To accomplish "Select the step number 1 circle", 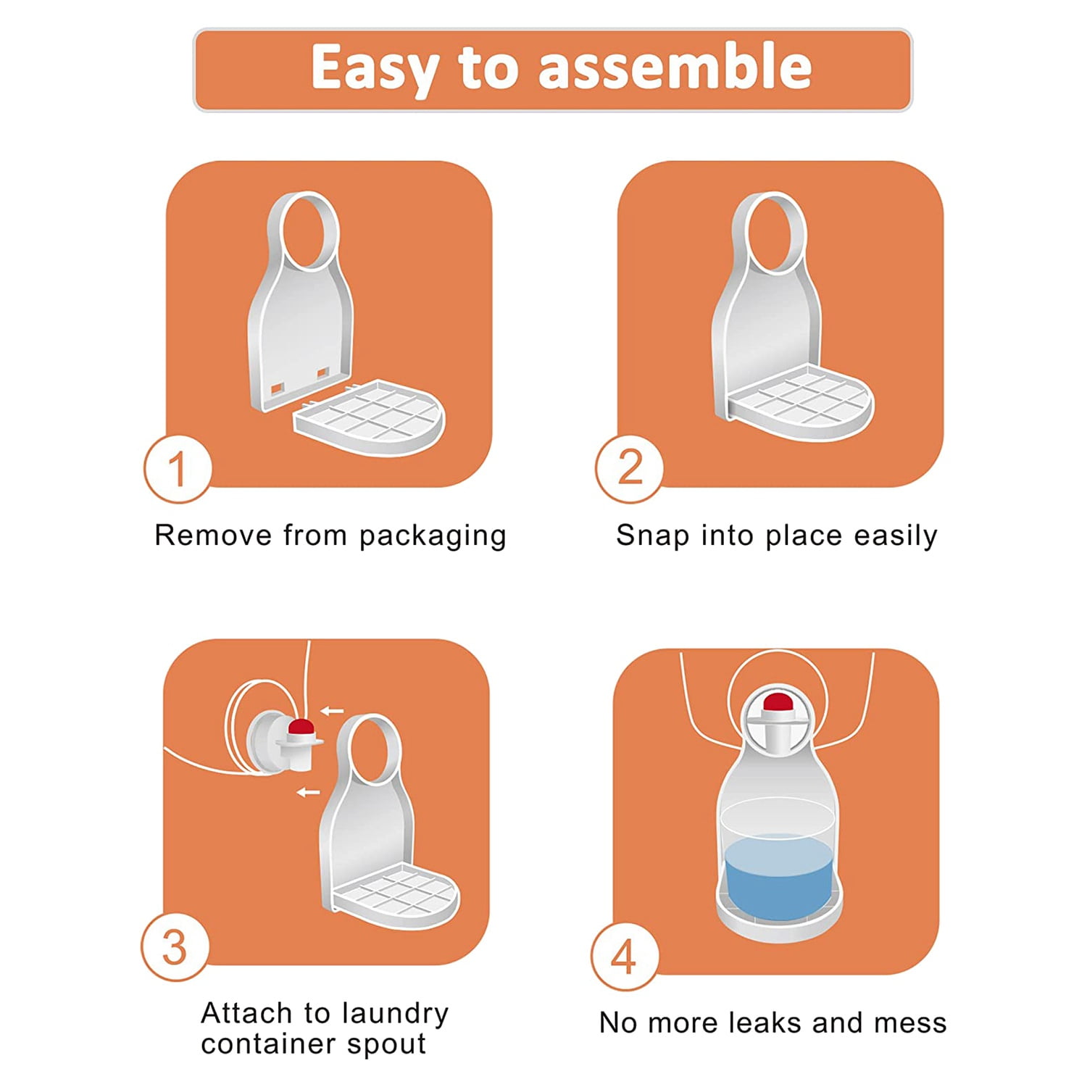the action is (178, 469).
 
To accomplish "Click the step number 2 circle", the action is (630, 467).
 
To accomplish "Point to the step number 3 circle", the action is (175, 947).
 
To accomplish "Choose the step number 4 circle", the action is (625, 957).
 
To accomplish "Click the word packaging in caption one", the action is (433, 537).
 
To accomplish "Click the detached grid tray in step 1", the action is (370, 418).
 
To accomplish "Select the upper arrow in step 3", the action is (333, 711).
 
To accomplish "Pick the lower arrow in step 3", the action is (309, 792).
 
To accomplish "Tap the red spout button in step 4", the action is (777, 701).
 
